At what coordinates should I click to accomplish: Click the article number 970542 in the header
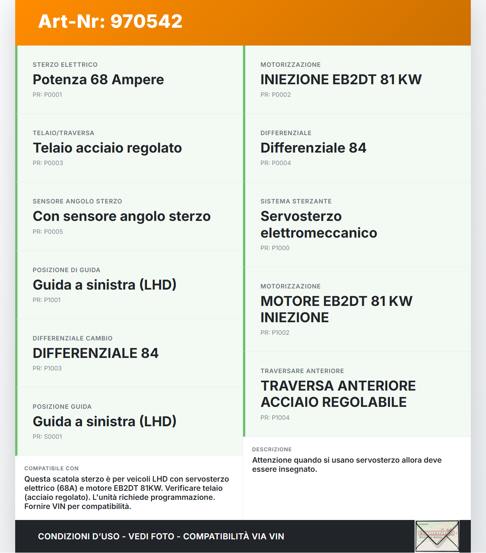pos(146,21)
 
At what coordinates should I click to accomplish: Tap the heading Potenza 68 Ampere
pos(98,80)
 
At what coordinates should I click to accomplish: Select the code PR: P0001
pos(47,95)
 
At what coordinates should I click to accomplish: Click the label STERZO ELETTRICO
pos(65,65)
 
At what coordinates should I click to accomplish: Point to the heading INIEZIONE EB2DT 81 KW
pos(341,80)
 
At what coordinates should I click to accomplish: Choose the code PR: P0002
pos(275,95)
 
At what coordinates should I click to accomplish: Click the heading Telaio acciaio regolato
pos(107,148)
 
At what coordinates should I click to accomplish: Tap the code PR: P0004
pos(275,163)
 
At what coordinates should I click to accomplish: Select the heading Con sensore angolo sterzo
pos(121,216)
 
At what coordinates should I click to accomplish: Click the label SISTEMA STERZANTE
pos(296,202)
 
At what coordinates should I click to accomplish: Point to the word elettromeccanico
pos(319,233)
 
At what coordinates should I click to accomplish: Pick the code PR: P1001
pos(46,300)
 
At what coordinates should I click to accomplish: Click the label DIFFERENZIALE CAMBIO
pos(73,339)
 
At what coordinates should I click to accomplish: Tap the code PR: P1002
pos(275,333)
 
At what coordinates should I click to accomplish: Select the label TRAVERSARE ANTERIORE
pos(302,371)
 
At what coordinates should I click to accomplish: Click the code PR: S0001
pos(47,437)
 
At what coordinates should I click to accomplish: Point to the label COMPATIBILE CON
pos(51,469)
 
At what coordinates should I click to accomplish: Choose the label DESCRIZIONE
pos(272,450)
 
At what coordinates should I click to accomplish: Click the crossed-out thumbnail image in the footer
pos(437,536)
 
